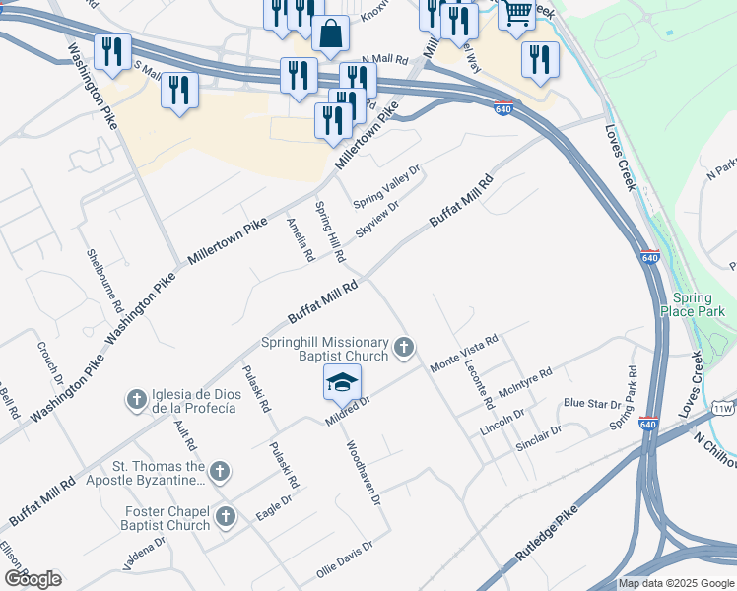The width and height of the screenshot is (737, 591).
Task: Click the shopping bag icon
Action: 330,33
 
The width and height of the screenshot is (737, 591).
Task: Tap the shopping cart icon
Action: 516,13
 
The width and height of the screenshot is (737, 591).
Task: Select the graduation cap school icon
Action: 342,381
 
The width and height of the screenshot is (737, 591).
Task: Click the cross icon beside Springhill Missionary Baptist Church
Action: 403,347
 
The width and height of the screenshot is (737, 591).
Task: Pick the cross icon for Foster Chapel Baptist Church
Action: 226,516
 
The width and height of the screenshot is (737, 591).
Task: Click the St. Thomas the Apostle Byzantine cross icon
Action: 220,473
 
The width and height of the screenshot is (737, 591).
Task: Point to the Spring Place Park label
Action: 698,304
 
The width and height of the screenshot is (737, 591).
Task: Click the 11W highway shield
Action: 723,407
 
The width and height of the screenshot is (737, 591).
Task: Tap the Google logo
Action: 33,579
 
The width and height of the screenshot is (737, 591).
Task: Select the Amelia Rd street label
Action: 301,239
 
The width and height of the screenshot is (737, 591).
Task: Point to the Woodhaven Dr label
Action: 362,473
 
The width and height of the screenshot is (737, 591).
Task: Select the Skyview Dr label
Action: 376,220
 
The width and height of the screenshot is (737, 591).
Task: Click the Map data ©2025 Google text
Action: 676,583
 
